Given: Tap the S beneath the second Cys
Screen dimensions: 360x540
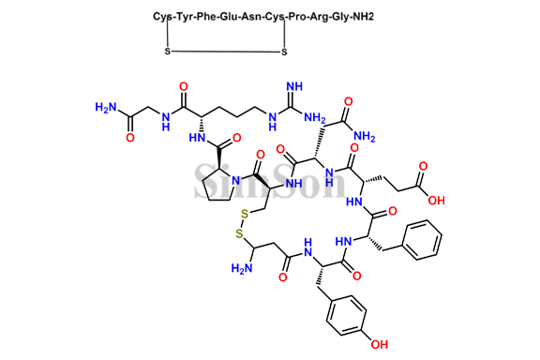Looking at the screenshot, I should pyautogui.click(x=282, y=52).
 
